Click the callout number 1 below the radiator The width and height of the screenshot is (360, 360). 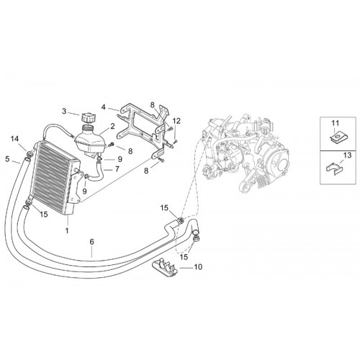click(67, 230)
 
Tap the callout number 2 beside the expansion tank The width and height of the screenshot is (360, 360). click(112, 127)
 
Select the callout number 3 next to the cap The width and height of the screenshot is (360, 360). click(64, 112)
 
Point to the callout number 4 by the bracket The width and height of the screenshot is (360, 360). click(103, 107)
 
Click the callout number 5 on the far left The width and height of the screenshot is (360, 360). click(7, 158)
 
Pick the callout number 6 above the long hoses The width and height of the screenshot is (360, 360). click(92, 242)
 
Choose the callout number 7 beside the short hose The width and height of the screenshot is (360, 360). click(117, 169)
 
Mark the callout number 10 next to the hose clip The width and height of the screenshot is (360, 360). click(198, 266)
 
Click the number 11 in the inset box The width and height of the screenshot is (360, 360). click(336, 123)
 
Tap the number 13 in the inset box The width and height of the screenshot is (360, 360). click(347, 155)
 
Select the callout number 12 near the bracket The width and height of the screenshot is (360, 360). click(176, 121)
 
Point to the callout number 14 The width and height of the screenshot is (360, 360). click(14, 138)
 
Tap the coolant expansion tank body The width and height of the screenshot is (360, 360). click(91, 142)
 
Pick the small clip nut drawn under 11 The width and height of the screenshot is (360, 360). click(336, 138)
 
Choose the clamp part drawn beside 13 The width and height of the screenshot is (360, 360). click(333, 167)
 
